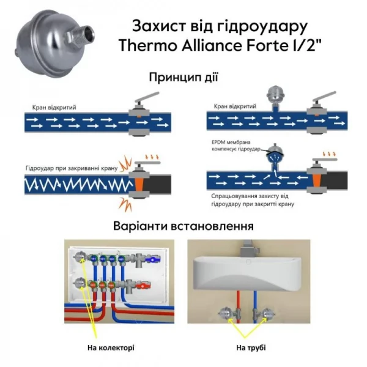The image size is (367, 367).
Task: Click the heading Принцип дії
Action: click(x=183, y=78)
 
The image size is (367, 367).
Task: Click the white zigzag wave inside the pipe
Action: click(x=73, y=183)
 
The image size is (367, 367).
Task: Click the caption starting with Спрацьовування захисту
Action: click(x=250, y=200)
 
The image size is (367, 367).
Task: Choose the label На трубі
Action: click(x=250, y=347)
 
